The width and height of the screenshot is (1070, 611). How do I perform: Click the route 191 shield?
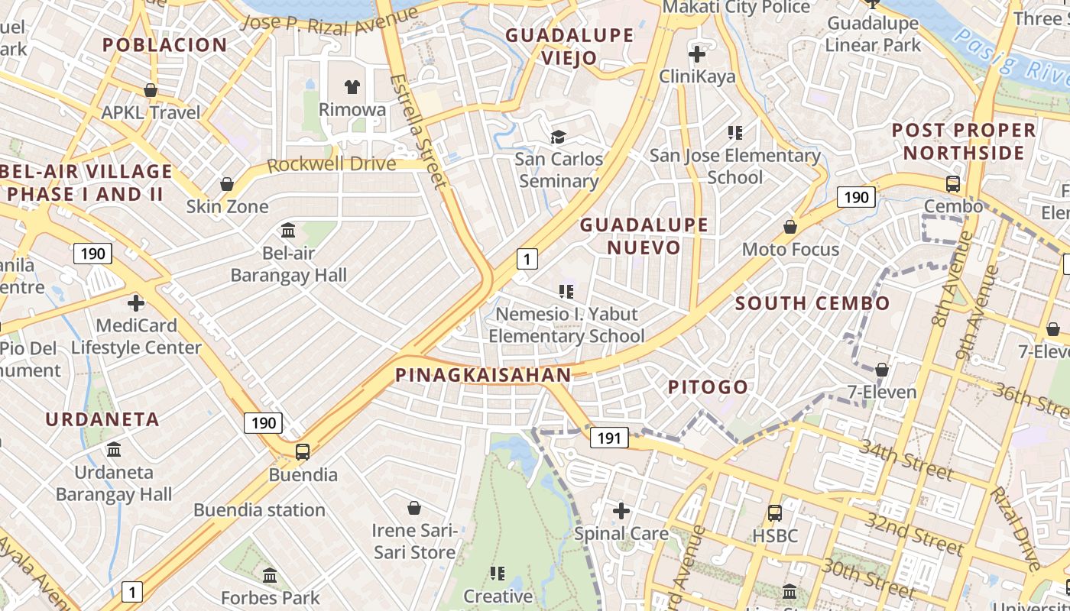pyautogui.click(x=608, y=438)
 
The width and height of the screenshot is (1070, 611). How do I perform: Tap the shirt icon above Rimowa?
pyautogui.click(x=352, y=87)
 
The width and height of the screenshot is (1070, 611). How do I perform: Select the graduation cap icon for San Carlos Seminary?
pyautogui.click(x=559, y=137)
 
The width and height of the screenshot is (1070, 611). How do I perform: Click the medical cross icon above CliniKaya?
pyautogui.click(x=697, y=54)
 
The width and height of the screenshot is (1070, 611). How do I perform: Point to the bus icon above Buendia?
pyautogui.click(x=303, y=451)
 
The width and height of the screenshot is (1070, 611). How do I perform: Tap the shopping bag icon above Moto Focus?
pyautogui.click(x=790, y=227)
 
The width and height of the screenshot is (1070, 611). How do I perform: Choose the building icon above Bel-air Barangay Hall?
pyautogui.click(x=288, y=230)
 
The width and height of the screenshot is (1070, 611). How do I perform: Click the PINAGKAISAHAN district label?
pyautogui.click(x=483, y=375)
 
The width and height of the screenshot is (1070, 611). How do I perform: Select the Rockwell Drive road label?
pyautogui.click(x=332, y=164)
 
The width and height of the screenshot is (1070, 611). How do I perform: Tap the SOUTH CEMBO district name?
pyautogui.click(x=812, y=303)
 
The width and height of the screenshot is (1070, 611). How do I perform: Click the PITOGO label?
pyautogui.click(x=708, y=387)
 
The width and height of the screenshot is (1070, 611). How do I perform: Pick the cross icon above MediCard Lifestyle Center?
pyautogui.click(x=136, y=303)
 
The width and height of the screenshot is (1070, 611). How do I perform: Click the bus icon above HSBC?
pyautogui.click(x=774, y=512)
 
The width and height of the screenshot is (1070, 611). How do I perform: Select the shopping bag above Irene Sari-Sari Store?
pyautogui.click(x=413, y=508)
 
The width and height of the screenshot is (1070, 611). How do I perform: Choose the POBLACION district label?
pyautogui.click(x=165, y=45)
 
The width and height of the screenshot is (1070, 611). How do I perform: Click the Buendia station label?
pyautogui.click(x=259, y=509)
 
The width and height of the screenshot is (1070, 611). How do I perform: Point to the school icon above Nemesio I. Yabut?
pyautogui.click(x=566, y=291)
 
